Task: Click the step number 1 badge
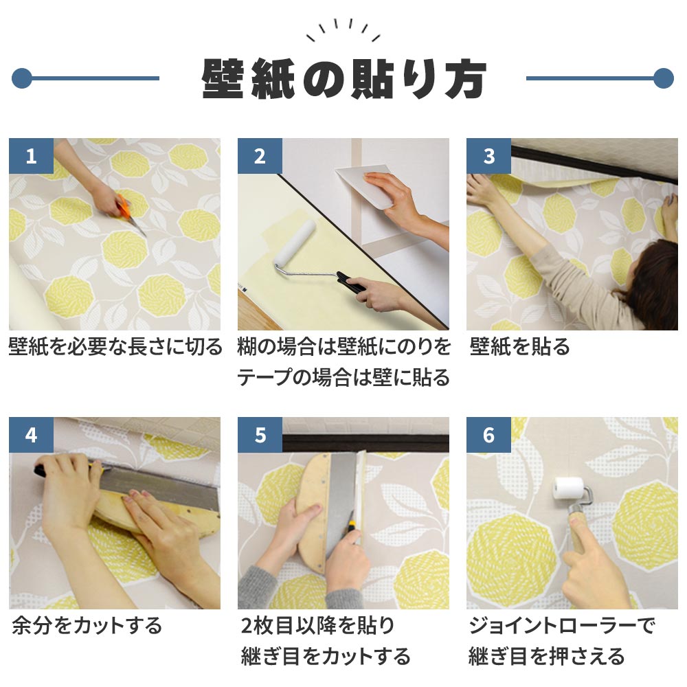point(31,156)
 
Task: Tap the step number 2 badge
point(260,156)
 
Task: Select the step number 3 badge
point(488,156)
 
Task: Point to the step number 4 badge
point(31,435)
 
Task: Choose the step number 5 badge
point(260,435)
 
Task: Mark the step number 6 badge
point(488,435)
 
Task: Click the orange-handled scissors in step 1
point(128,210)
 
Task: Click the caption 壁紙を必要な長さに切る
point(115,347)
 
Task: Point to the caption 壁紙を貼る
point(520,347)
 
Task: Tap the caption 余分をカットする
point(87,626)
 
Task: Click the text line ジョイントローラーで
point(561,626)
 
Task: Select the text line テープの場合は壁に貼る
point(343,377)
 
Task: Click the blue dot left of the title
point(23,78)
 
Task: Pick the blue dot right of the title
point(663,78)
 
